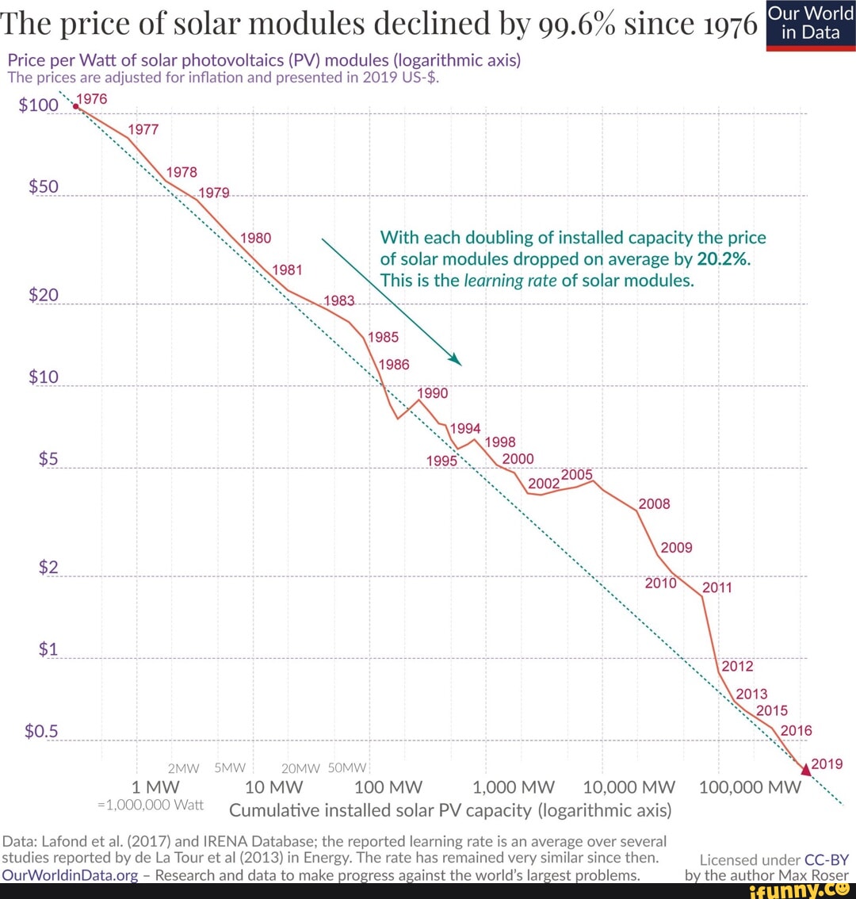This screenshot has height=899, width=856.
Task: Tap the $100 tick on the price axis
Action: (x=39, y=106)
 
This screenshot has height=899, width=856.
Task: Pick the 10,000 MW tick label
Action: (x=629, y=788)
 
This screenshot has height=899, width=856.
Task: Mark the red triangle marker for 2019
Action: (x=806, y=768)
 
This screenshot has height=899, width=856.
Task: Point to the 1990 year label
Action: (x=432, y=392)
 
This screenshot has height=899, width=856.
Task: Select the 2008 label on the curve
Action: (x=654, y=504)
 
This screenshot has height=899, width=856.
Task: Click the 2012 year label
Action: (x=737, y=666)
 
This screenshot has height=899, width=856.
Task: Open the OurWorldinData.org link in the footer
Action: (x=70, y=875)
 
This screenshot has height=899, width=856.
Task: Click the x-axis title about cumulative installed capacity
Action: (x=450, y=811)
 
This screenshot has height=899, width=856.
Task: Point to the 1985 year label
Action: (x=383, y=337)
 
